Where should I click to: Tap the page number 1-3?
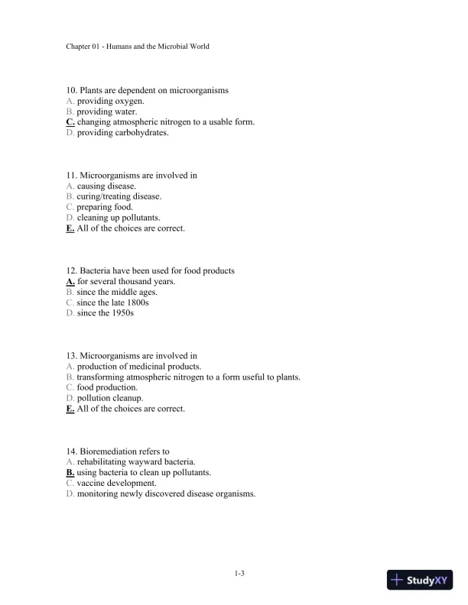(x=239, y=573)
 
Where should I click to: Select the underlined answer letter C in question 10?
(x=70, y=121)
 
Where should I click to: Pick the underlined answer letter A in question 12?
(x=70, y=281)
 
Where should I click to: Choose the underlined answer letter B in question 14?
(x=70, y=473)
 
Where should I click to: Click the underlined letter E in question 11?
(x=70, y=228)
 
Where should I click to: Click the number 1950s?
(x=122, y=313)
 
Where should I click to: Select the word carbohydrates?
(x=142, y=132)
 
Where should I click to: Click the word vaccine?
(x=91, y=484)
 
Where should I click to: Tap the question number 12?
(x=72, y=270)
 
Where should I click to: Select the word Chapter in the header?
(x=80, y=47)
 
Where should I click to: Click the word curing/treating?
(x=105, y=196)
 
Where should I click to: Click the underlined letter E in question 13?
(x=70, y=409)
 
